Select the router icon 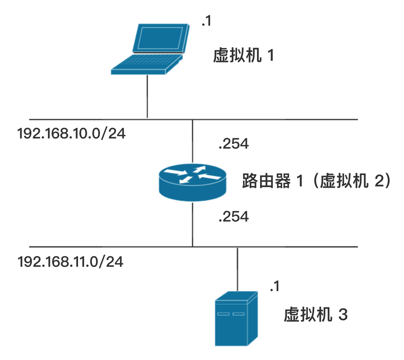(192, 182)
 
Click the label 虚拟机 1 (243, 55)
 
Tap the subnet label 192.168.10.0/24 (72, 134)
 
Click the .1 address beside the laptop (206, 21)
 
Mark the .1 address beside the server (275, 286)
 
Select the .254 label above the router (234, 144)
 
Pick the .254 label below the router (234, 216)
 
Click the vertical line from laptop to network (147, 97)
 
